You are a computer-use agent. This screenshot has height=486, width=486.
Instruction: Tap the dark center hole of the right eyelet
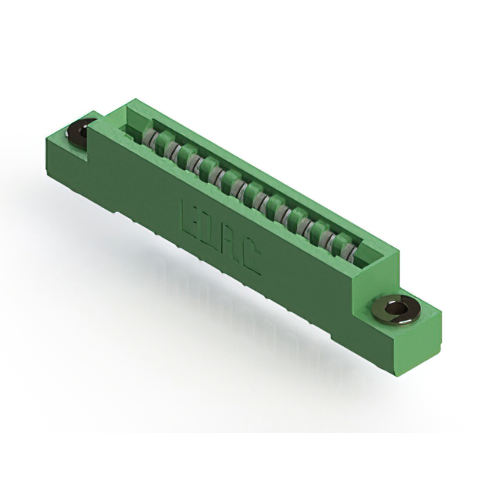pyautogui.click(x=394, y=308)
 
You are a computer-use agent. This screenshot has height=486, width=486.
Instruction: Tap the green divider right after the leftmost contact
pyautogui.click(x=161, y=143)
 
